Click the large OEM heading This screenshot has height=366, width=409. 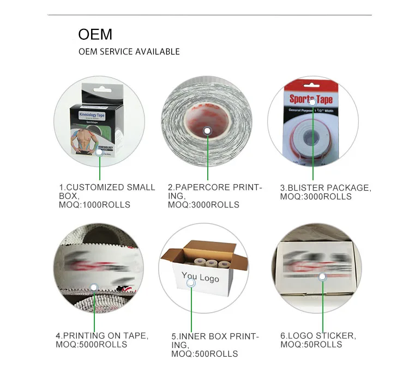point(95,34)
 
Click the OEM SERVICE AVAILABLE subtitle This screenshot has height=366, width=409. point(129,52)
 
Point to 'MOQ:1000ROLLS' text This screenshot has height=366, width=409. point(94,205)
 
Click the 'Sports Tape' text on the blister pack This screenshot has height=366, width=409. point(311,99)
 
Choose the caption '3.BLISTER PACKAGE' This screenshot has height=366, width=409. point(325,188)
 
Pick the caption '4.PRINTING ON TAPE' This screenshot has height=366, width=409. point(101,335)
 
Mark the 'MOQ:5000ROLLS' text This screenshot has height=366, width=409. point(91,344)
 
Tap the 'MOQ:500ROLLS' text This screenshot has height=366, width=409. point(204,353)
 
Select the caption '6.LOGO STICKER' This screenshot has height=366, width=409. point(317,335)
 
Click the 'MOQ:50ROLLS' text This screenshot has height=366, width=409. point(311,344)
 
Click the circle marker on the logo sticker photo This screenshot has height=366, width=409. point(322,277)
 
